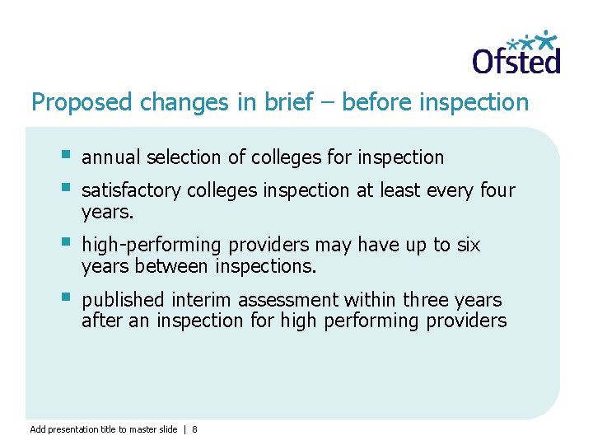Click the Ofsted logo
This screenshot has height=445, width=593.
point(516,53)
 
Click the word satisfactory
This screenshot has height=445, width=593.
point(131,190)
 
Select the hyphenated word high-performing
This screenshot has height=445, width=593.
point(140,246)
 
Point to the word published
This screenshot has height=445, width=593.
point(121,300)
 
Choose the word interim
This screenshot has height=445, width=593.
point(195,300)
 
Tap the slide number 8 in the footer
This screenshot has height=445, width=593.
point(194,429)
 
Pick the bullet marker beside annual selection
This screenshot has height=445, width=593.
point(66,154)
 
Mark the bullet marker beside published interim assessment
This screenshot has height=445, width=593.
point(66,297)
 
